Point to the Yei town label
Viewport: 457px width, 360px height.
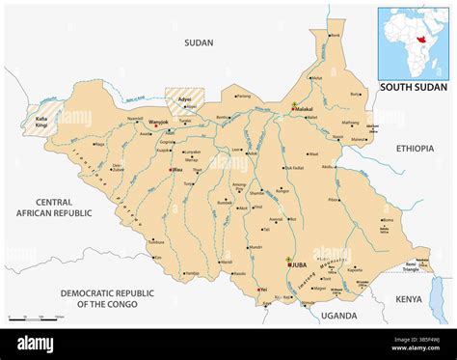262,289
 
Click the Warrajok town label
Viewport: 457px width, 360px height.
159,122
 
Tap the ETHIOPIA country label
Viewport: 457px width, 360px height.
414,149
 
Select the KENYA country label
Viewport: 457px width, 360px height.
408,299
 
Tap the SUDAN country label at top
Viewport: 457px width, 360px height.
199,42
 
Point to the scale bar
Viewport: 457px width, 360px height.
35,317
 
